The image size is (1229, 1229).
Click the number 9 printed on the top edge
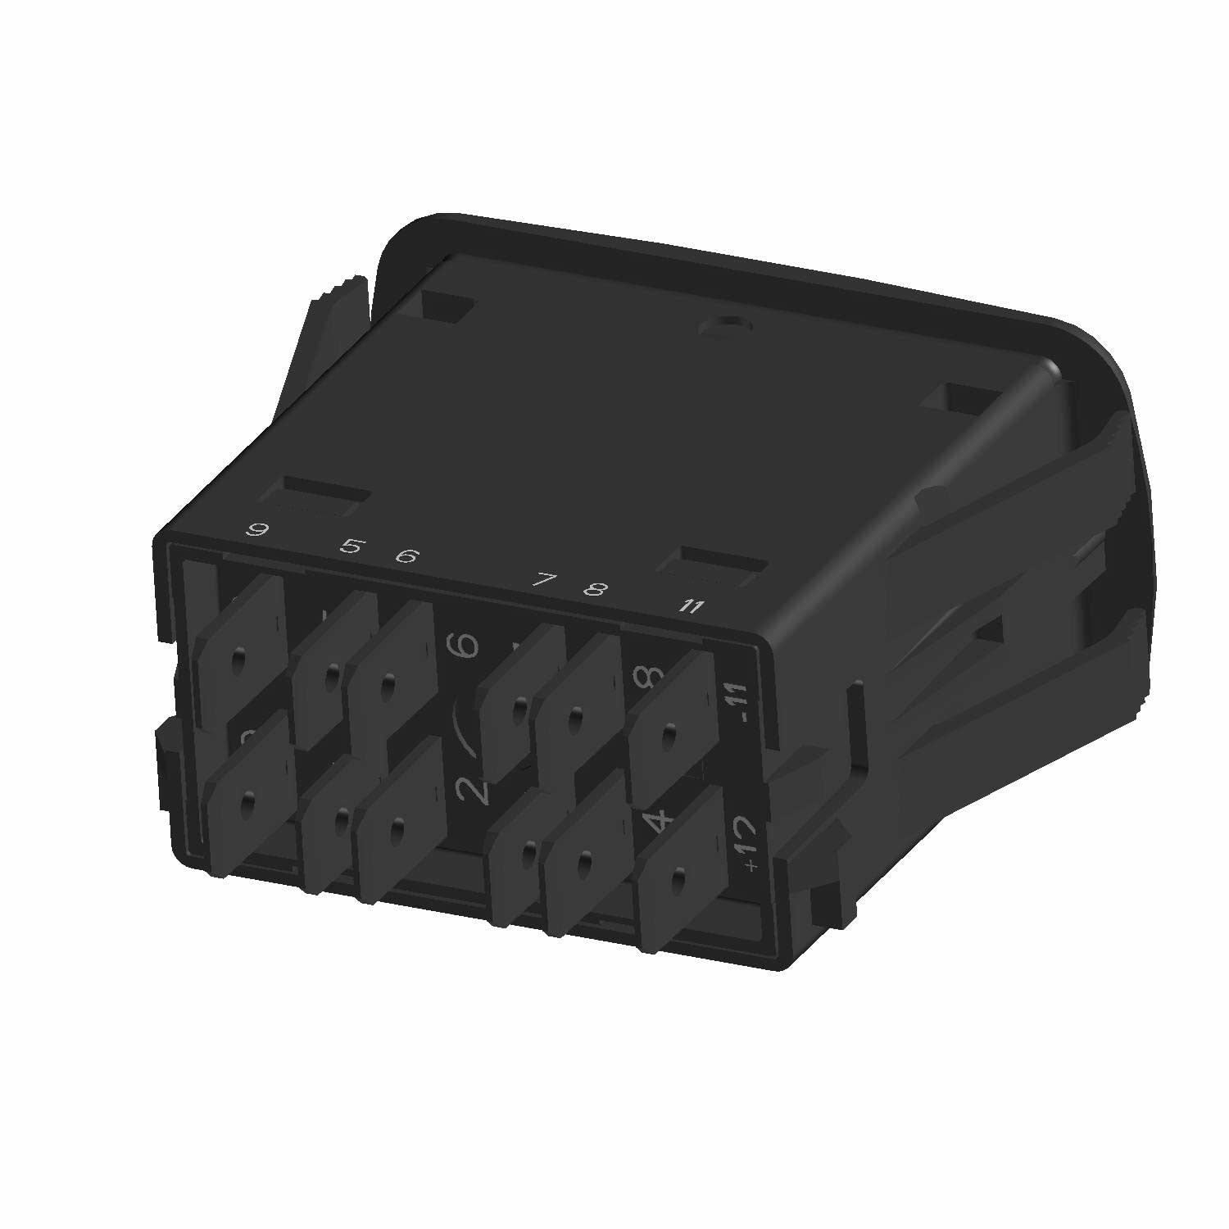tap(258, 529)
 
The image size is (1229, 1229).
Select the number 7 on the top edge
tap(542, 580)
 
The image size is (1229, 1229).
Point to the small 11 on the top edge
tap(693, 607)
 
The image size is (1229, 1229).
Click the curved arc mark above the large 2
tap(466, 722)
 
